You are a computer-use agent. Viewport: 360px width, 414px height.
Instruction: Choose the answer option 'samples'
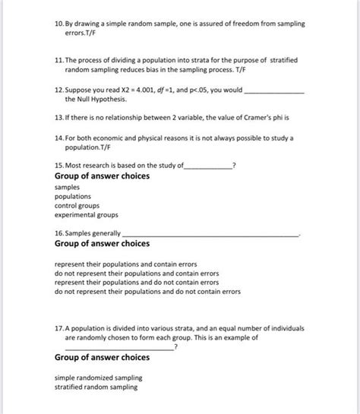pos(68,186)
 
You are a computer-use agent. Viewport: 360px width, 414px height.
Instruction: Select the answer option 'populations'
pos(73,195)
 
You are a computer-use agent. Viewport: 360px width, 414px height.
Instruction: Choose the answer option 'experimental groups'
pos(86,214)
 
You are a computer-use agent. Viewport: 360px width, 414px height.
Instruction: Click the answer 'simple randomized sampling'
pos(99,378)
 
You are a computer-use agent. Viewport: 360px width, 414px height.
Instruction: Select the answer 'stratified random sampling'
pos(96,387)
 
